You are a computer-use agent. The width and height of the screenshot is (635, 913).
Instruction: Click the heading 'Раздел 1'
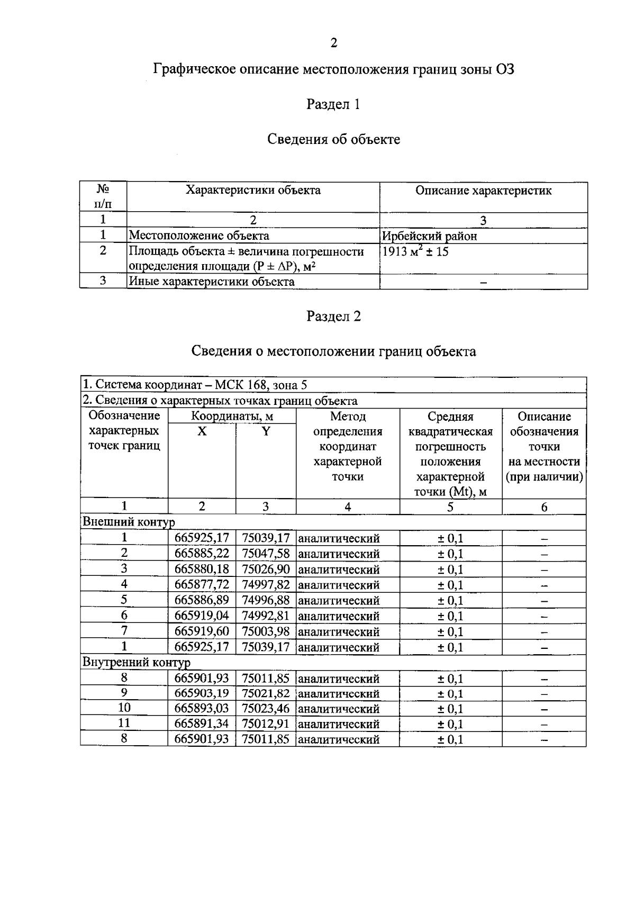click(333, 105)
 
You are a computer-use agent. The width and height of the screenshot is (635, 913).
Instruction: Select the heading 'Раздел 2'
click(333, 317)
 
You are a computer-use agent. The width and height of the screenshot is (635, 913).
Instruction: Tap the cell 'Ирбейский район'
click(429, 236)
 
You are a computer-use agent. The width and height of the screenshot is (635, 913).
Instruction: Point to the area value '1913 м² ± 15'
click(415, 252)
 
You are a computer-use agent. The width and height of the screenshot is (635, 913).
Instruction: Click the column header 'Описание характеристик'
click(483, 191)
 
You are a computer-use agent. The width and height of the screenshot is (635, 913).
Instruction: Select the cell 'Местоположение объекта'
click(199, 236)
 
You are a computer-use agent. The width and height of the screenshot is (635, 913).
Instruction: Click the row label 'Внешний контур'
click(128, 522)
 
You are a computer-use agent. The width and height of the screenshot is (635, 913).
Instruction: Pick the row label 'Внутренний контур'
click(136, 662)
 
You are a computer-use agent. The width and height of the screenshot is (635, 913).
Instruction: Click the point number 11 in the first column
click(124, 723)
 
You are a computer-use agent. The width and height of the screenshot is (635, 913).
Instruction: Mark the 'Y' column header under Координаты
click(266, 432)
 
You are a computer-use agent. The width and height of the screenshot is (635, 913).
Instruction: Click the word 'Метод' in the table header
click(348, 417)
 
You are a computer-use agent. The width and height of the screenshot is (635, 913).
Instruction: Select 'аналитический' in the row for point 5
click(339, 601)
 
